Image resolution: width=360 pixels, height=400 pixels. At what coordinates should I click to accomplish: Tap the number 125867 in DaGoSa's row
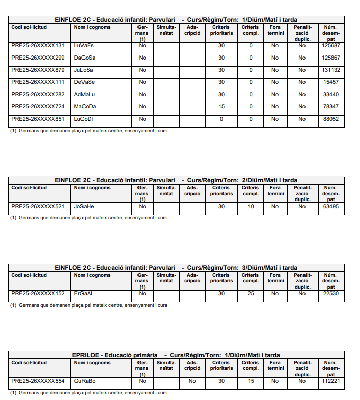pos(331,58)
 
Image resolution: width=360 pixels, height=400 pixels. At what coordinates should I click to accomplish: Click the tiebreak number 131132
pos(331,70)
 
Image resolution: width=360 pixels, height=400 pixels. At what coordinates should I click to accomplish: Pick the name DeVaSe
pos(84,82)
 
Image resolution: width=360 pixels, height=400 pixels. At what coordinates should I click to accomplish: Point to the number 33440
pos(331,94)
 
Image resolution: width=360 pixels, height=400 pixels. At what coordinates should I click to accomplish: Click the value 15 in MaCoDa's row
pos(221,106)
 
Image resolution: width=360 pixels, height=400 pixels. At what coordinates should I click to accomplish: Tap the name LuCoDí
pos(85,119)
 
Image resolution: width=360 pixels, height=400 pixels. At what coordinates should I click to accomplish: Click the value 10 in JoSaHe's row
pos(251,206)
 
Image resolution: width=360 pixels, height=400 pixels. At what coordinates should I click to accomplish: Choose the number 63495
pos(331,206)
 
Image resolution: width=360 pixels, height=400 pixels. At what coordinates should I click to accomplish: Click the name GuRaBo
pos(85,381)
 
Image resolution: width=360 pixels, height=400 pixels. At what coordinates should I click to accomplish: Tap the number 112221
pos(331,381)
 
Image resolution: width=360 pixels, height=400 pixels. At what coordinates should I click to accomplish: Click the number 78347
pos(331,106)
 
